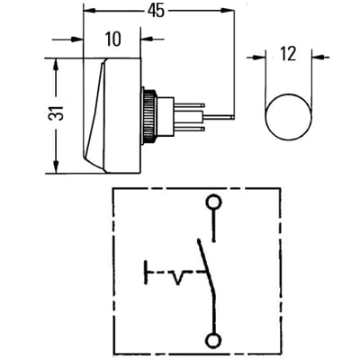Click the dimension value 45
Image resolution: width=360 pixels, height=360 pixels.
(x=156, y=12)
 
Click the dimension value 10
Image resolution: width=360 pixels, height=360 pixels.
(x=113, y=39)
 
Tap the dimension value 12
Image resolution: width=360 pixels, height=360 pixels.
(x=289, y=54)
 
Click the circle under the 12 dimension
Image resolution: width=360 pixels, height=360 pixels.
(x=289, y=117)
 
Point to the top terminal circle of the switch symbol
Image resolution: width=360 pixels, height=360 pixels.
(x=213, y=202)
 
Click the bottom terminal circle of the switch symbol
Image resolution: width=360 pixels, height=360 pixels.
(x=213, y=340)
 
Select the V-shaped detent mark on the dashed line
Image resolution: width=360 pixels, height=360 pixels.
(x=177, y=278)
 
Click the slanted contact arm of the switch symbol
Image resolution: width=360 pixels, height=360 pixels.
(x=206, y=265)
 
